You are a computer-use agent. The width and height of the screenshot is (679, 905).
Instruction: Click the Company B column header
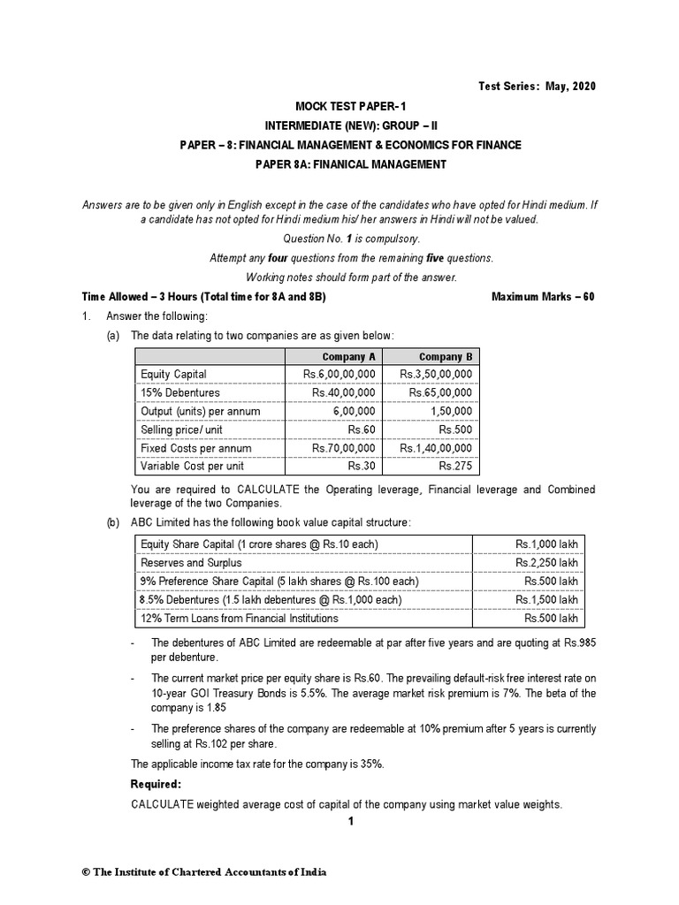(x=440, y=356)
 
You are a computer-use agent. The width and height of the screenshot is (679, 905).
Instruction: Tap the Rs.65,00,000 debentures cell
(x=436, y=392)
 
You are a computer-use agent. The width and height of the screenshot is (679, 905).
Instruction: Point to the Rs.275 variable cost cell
(x=455, y=466)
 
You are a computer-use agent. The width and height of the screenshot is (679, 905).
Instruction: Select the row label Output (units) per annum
(x=195, y=411)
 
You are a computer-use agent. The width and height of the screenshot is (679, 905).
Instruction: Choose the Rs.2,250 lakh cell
(x=546, y=562)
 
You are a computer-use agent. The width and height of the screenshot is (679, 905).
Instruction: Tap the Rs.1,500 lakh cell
(x=546, y=599)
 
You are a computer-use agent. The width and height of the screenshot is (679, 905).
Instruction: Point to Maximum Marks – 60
(x=543, y=297)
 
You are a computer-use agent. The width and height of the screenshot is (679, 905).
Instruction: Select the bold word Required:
(x=156, y=784)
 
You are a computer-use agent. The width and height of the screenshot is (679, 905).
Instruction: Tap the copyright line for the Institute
(x=204, y=871)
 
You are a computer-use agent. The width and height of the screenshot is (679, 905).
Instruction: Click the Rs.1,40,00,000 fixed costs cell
(x=436, y=448)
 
